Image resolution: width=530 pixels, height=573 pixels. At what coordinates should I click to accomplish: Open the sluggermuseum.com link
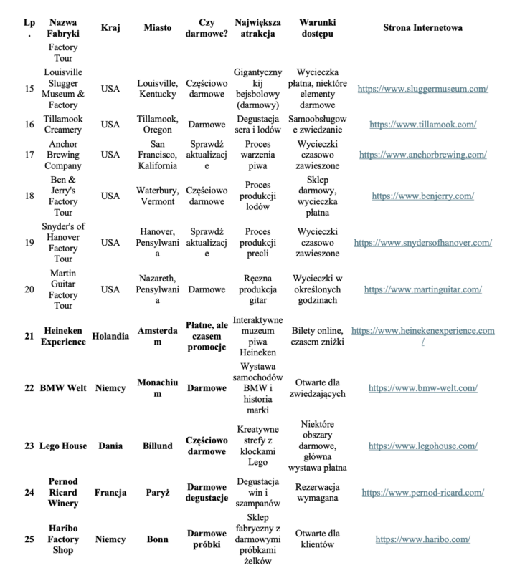[x=422, y=89]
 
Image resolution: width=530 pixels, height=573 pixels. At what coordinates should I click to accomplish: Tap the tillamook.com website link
[x=422, y=124]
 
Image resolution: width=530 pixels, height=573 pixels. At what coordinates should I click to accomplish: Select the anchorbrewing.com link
[x=422, y=154]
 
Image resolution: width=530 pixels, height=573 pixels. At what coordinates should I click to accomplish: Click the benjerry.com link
[x=422, y=196]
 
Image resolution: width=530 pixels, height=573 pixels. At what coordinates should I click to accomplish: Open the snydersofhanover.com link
[x=422, y=242]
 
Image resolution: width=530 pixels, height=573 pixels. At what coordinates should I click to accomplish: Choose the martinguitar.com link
[x=422, y=289]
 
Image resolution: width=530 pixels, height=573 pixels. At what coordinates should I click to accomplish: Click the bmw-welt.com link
[x=422, y=387]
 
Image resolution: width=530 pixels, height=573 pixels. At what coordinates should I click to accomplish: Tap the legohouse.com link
[x=422, y=446]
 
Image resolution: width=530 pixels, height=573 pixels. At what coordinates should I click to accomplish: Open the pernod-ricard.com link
[x=422, y=492]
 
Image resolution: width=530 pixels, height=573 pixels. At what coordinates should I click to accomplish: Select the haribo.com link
[x=422, y=539]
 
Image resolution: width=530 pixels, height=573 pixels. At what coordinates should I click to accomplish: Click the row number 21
[x=29, y=336]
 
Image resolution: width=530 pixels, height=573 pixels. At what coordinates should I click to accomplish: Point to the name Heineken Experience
[x=64, y=336]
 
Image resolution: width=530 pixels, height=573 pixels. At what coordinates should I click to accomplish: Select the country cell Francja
[x=110, y=492]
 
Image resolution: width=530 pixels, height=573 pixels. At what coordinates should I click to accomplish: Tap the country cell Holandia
[x=110, y=336]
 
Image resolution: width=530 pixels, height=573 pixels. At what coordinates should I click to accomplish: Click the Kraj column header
[x=110, y=28]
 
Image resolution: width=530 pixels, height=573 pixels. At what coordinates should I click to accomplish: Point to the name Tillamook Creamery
[x=64, y=124]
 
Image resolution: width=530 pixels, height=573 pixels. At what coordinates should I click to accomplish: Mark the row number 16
[x=29, y=124]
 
